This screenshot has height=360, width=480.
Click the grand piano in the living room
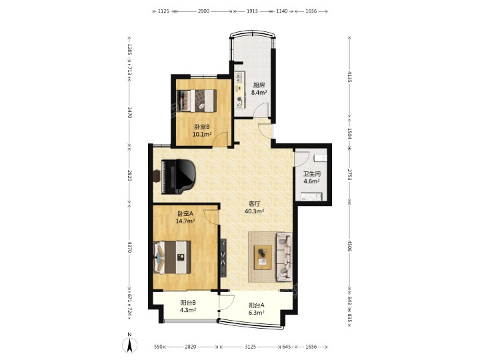(178, 176)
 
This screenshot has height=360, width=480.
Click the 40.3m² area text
(255, 211)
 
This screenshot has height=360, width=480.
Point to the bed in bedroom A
(172, 257)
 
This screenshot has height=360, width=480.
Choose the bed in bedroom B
(197, 101)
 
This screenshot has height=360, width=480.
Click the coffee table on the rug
(263, 257)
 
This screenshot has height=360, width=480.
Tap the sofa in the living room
(284, 257)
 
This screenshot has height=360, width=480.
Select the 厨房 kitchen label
(259, 85)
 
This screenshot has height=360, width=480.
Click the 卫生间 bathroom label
(311, 174)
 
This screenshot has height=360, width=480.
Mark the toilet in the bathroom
(321, 158)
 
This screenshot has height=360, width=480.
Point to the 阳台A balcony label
(257, 305)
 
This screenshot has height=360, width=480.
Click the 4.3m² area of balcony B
(188, 310)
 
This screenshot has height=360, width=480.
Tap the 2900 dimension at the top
(203, 11)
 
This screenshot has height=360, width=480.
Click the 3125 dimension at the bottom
(250, 347)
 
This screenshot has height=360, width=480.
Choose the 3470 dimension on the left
(129, 113)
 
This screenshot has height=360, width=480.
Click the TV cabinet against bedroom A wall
(223, 258)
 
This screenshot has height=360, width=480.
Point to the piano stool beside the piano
(157, 176)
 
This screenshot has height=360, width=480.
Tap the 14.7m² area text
(185, 221)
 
